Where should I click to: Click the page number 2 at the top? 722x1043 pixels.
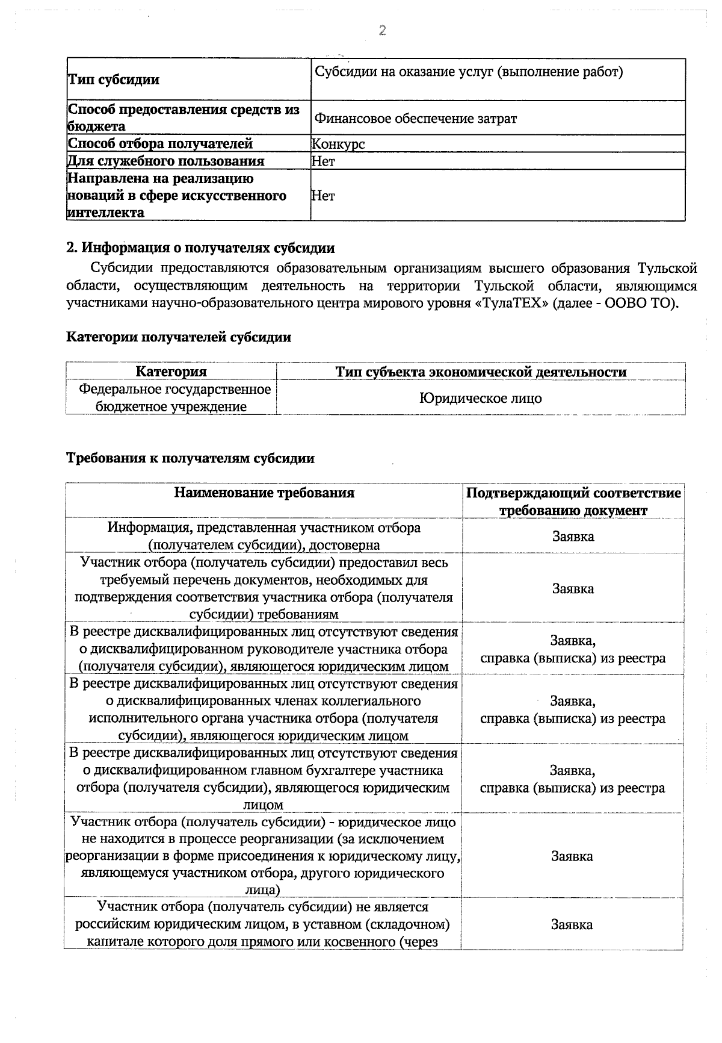(381, 31)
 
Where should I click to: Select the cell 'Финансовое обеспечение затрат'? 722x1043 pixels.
(415, 119)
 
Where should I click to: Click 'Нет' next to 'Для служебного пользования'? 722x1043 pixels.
(323, 161)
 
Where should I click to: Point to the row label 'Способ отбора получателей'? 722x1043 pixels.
(159, 144)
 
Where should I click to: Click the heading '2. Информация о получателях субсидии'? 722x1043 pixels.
(200, 248)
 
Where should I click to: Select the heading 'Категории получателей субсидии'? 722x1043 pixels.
(178, 337)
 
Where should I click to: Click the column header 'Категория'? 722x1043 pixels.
(171, 372)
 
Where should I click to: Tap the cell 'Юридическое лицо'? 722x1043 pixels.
(480, 398)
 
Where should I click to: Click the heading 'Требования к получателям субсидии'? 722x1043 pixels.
(190, 458)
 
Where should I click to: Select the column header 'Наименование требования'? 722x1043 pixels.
(264, 493)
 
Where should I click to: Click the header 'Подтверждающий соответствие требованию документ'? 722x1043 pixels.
(573, 501)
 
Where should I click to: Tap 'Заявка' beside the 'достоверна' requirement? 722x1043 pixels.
(573, 536)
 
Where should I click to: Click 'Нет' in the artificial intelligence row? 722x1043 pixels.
(323, 196)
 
